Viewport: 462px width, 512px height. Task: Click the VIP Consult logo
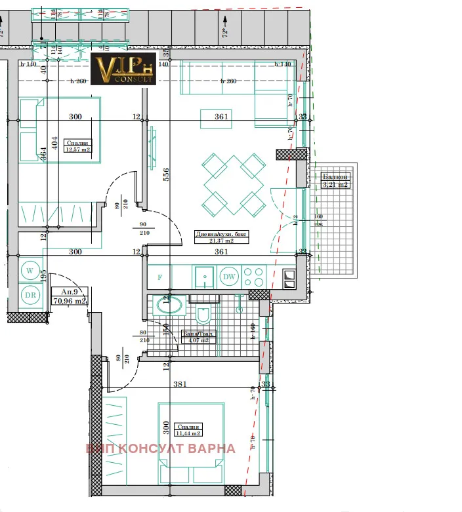124,69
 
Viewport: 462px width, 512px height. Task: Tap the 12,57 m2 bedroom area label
77,146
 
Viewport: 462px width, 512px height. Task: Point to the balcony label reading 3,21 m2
335,181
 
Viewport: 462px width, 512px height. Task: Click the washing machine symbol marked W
30,269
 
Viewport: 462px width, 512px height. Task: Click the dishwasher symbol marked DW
229,277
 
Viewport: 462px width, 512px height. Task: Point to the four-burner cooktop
255,277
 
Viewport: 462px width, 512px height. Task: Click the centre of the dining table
233,186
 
